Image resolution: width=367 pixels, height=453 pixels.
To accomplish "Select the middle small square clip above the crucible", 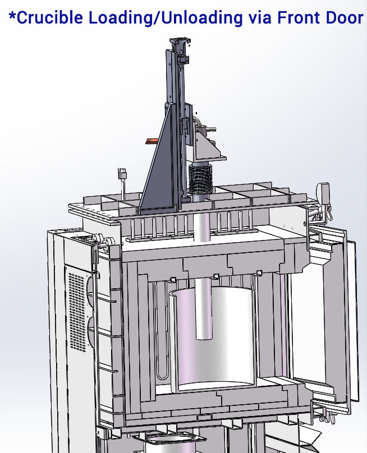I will pos(216,275).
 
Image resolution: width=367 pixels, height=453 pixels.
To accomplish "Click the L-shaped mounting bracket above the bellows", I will pos(207,143).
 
